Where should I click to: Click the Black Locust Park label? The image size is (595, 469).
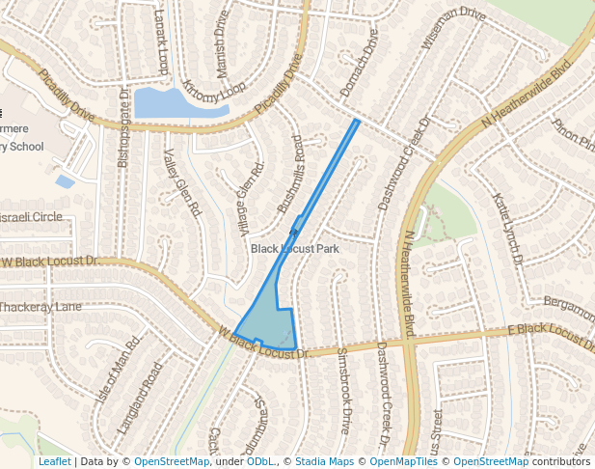[295, 249]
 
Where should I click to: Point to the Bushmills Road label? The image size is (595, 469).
[290, 175]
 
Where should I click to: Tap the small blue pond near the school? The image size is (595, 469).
[65, 181]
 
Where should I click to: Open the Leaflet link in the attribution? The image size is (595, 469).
[54, 461]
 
